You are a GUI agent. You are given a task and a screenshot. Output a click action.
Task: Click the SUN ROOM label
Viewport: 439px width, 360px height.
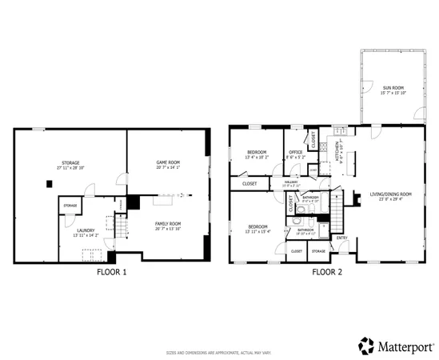tap(393, 86)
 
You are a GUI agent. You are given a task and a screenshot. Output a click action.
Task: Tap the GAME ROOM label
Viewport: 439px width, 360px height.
tap(168, 162)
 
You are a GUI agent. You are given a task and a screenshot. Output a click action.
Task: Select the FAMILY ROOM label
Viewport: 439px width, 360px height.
tap(168, 223)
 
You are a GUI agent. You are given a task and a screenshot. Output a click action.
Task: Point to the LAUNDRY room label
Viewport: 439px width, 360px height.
tap(85, 231)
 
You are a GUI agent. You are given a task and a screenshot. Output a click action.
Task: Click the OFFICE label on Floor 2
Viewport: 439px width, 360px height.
tap(295, 152)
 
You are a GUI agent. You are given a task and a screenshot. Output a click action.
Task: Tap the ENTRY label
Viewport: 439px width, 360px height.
tap(342, 238)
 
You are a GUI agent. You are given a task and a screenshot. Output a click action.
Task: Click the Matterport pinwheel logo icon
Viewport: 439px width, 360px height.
tap(366, 345)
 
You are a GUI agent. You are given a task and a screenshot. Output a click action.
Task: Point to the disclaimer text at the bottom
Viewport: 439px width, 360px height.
tap(219, 353)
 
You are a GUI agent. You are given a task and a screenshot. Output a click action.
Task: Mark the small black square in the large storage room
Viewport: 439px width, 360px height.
tap(50, 184)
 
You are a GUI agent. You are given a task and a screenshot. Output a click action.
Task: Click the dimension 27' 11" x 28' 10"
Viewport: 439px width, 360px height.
tap(70, 169)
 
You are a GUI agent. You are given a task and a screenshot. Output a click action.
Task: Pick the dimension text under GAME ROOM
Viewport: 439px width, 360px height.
tap(168, 167)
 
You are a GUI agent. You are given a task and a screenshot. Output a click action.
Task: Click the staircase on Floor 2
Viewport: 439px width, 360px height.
tap(339, 217)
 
